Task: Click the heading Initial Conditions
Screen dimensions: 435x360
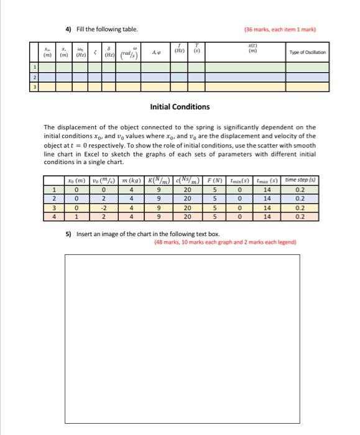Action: coord(180,107)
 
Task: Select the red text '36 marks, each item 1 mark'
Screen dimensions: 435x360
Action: coord(287,30)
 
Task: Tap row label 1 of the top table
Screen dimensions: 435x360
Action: coord(35,67)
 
